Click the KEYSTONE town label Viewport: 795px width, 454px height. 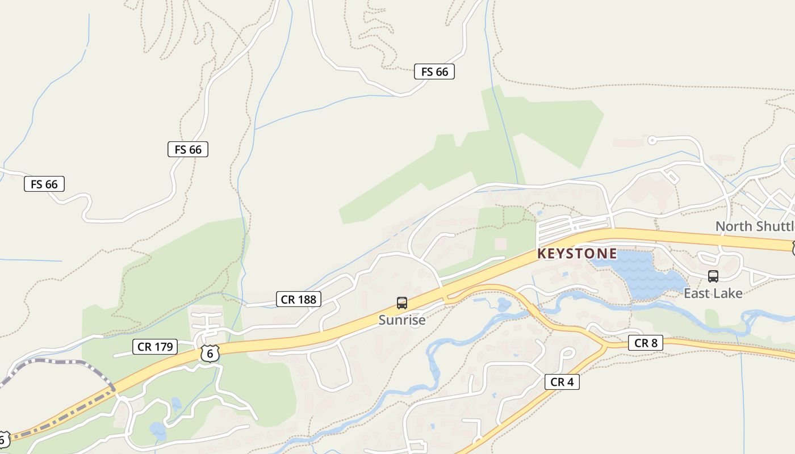click(x=577, y=254)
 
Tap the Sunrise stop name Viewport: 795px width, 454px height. click(x=402, y=320)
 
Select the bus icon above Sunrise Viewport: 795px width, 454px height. click(x=402, y=303)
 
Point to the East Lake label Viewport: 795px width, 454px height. click(x=713, y=293)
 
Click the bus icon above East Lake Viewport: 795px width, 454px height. click(x=713, y=276)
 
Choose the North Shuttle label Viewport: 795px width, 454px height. click(x=755, y=226)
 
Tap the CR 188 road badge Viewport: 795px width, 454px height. click(x=299, y=299)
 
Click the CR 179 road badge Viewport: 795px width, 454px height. click(x=155, y=346)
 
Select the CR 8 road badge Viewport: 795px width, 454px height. click(x=646, y=343)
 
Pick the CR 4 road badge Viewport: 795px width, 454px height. click(x=562, y=382)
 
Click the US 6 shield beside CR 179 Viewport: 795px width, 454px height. click(x=210, y=353)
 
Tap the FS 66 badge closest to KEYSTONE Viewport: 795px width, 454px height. click(x=434, y=72)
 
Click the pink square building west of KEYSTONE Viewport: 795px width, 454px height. click(x=500, y=243)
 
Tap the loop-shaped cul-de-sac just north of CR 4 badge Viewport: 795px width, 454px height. click(x=566, y=354)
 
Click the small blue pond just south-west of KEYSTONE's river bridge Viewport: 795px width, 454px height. click(x=503, y=305)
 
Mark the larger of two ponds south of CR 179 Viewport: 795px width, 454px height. click(x=158, y=430)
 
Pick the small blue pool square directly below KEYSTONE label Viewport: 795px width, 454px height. click(x=566, y=275)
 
